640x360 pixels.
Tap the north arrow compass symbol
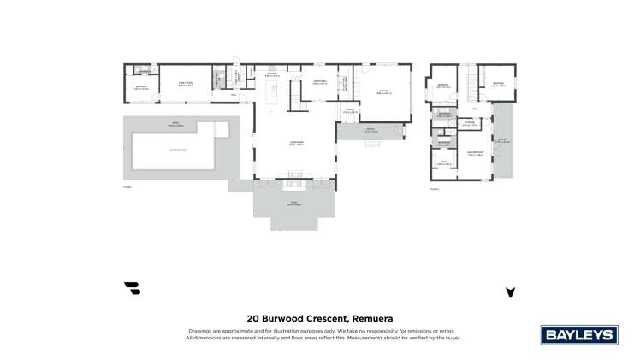510,292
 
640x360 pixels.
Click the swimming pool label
178,150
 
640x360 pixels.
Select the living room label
296,144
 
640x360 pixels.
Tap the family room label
185,83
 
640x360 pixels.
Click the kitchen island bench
274,97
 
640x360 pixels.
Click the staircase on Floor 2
471,83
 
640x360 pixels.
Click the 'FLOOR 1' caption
127,186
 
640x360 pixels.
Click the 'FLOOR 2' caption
435,187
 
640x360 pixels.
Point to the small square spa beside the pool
221,129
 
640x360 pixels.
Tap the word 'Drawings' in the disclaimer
199,330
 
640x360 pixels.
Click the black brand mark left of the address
132,289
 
